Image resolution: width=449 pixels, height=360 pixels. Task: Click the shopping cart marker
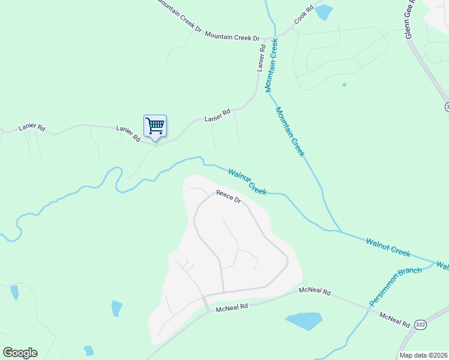click(155, 127)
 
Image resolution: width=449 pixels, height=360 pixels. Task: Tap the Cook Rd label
click(304, 16)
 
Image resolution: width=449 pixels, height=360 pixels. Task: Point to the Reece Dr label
click(228, 197)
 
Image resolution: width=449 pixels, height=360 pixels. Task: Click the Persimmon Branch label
click(396, 286)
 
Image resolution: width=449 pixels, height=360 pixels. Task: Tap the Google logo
click(20, 353)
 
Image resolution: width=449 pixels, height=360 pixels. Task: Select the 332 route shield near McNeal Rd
click(420, 324)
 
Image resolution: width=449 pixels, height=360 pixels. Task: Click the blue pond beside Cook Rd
click(324, 11)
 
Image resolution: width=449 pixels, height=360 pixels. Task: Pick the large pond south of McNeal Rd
click(304, 320)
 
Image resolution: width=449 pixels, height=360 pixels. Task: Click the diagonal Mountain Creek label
click(291, 131)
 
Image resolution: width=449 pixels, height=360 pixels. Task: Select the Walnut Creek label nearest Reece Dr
click(247, 181)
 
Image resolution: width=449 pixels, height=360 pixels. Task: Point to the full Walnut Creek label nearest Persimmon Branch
click(388, 247)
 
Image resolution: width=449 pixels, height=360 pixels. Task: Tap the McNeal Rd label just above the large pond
click(315, 292)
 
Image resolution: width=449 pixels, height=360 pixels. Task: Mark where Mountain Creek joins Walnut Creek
click(340, 232)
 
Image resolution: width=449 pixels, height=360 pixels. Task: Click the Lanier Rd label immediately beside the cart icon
click(128, 133)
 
